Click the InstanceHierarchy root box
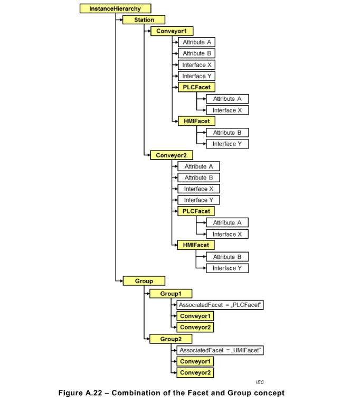[x=115, y=8]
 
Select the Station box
[x=144, y=20]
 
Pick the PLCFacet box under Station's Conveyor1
[x=196, y=87]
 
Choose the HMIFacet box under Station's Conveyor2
[x=196, y=245]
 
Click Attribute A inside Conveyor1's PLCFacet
[x=227, y=99]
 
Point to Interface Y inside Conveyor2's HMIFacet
[x=227, y=268]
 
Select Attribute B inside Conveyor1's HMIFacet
[x=227, y=133]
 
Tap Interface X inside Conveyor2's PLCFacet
[x=227, y=234]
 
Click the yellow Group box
[x=144, y=281]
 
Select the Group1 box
[x=170, y=294]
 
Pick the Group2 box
[x=170, y=339]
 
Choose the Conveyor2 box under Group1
[x=195, y=328]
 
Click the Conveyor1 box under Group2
[x=195, y=362]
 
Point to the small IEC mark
[x=260, y=382]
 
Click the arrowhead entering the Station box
[x=121, y=20]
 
